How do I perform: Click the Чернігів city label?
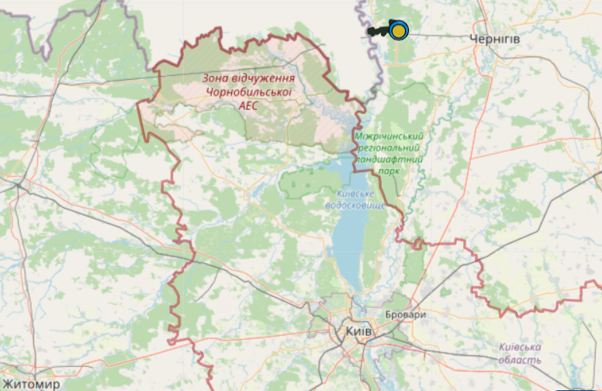494,38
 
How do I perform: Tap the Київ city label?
357,331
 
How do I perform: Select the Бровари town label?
406,316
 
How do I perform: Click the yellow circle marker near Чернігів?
399,30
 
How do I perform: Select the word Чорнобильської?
247,92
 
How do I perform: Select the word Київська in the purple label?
521,347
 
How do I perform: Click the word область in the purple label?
520,361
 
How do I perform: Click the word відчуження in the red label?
264,78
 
